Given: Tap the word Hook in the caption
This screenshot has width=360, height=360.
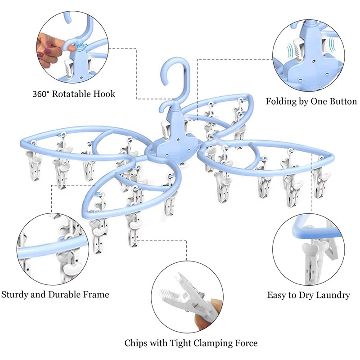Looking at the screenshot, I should pos(106,94).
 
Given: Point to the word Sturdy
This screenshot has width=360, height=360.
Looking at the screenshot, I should pos(15,295).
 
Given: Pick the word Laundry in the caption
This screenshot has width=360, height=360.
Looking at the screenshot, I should pos(333,296).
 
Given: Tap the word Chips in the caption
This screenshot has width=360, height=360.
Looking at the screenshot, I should pos(136,343).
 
